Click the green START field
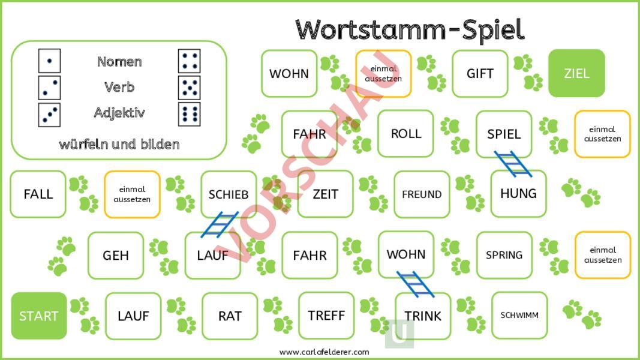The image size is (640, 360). pyautogui.click(x=38, y=316)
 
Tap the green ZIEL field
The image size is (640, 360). pyautogui.click(x=576, y=73)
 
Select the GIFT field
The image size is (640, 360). pyautogui.click(x=480, y=73)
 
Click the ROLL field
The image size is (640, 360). pyautogui.click(x=405, y=133)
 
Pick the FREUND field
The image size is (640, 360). pyautogui.click(x=422, y=194)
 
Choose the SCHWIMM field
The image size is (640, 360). pyautogui.click(x=519, y=315)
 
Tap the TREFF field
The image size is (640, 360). pyautogui.click(x=326, y=316)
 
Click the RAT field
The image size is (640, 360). pyautogui.click(x=230, y=316)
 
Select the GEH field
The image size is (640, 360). pyautogui.click(x=116, y=255)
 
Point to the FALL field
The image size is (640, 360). pyautogui.click(x=38, y=194)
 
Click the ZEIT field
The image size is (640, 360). pyautogui.click(x=325, y=194)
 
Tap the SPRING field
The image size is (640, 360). pyautogui.click(x=504, y=255)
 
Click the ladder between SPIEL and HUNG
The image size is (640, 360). pyautogui.click(x=513, y=164)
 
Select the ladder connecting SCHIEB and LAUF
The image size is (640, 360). pyautogui.click(x=220, y=224)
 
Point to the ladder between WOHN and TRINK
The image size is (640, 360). pyautogui.click(x=416, y=284)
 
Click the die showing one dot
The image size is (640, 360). pyautogui.click(x=49, y=61)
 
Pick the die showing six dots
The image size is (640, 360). pyautogui.click(x=189, y=114)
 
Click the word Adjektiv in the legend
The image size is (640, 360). pyautogui.click(x=119, y=113)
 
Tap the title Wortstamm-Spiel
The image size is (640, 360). pyautogui.click(x=410, y=29)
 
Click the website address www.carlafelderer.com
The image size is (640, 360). pyautogui.click(x=324, y=352)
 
